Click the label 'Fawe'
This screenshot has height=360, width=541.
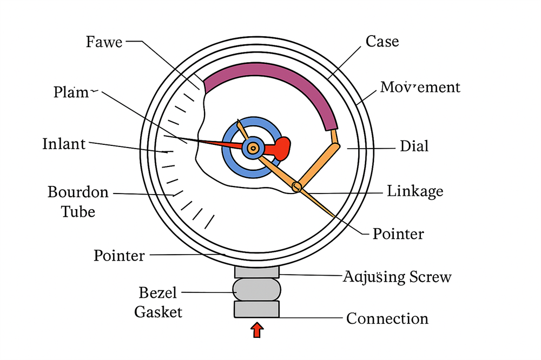pos(104,42)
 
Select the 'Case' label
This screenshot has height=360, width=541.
pos(382,41)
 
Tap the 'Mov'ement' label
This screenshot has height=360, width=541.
pos(420,87)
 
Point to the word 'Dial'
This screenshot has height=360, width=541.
pos(414,146)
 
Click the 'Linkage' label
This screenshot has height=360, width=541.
pos(415,191)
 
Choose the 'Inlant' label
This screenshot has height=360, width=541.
pos(64,144)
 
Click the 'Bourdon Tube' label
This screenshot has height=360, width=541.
pos(78,201)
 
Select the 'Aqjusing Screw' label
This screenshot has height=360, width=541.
pos(397,277)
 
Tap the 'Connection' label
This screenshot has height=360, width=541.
pos(387,318)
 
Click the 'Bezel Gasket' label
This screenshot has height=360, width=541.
pos(158,302)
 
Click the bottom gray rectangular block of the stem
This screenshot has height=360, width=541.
pos(256,309)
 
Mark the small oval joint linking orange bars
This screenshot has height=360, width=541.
pos(296,187)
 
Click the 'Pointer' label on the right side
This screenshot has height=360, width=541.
pos(398,234)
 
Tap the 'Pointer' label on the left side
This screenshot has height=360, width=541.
pos(119,255)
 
